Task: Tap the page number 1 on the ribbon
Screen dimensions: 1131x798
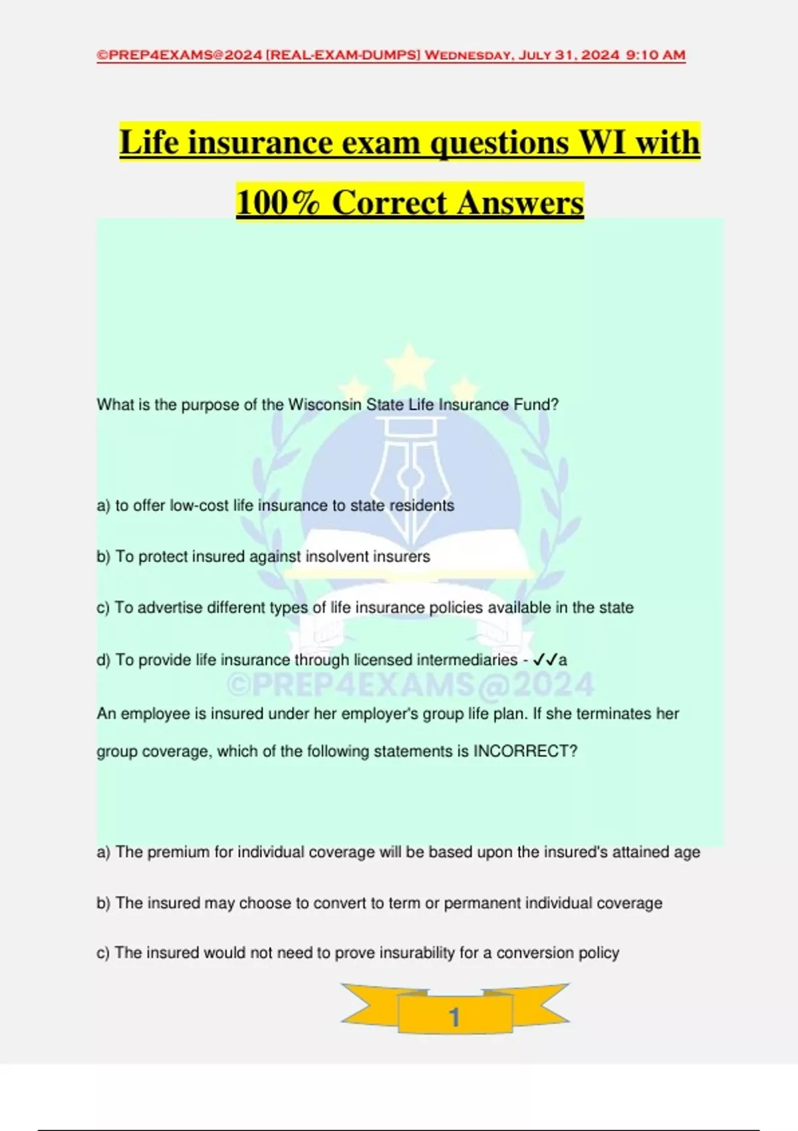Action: click(x=455, y=1017)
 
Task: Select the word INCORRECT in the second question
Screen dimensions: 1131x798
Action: click(x=525, y=751)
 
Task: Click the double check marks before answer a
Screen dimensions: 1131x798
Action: click(x=545, y=660)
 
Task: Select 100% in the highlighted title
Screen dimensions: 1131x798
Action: click(x=279, y=202)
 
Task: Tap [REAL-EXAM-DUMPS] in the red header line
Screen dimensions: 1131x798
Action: click(x=343, y=55)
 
